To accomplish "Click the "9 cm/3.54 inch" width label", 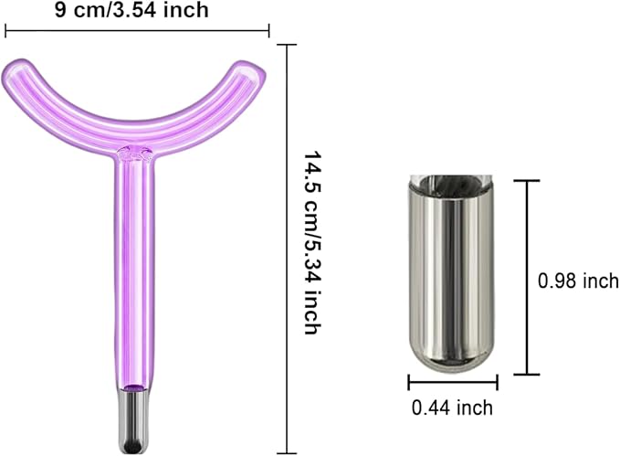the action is click(131, 10).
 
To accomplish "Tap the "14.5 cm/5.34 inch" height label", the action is click(312, 242).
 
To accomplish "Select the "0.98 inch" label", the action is click(578, 281).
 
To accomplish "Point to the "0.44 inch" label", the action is click(452, 408).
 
